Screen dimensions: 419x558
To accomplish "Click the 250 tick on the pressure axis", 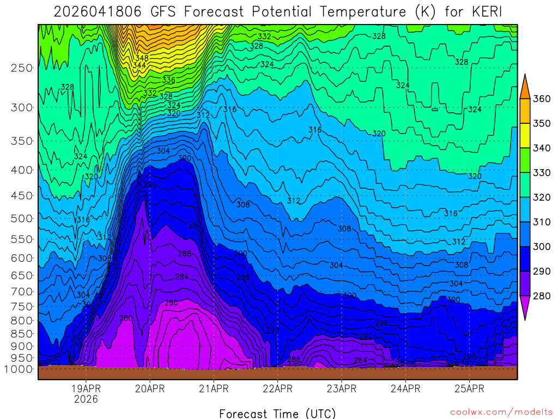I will pos(22,68).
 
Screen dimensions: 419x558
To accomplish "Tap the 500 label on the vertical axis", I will pos(22,218).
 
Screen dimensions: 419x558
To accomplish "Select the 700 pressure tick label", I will pos(22,291).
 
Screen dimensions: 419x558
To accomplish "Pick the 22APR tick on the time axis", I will pos(277,389).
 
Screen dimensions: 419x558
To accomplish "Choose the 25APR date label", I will pos(469,389).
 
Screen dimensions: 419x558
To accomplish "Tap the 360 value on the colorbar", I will pos(543,99).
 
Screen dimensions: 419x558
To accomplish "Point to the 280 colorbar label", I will pos(543,296).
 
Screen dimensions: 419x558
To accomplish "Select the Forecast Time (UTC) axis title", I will pos(277,413).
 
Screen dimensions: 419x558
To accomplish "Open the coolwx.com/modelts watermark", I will pos(501,412).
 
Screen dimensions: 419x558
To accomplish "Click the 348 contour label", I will pos(141,57).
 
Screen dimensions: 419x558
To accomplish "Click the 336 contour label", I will pos(168,80).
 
